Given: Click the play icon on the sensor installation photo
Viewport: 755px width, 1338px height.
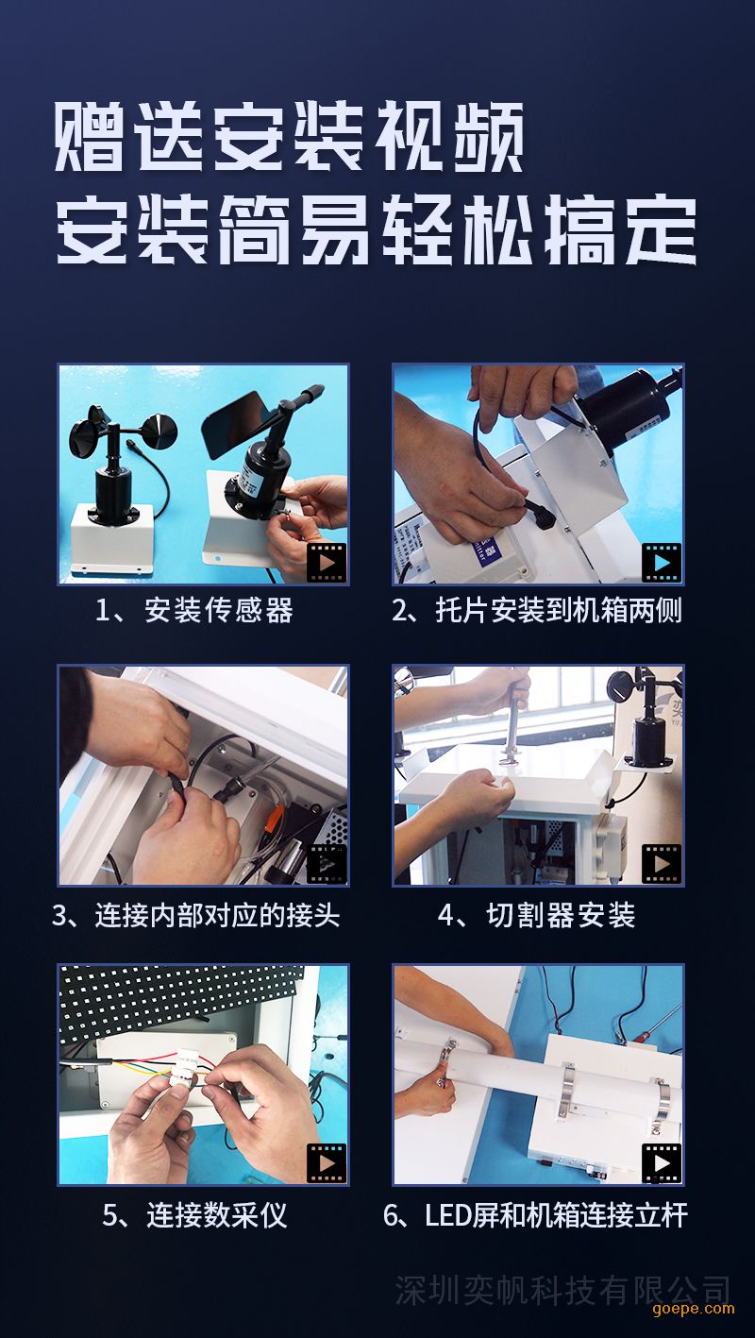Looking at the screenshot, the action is (x=327, y=562).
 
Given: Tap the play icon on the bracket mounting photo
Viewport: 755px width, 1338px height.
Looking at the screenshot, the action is (x=662, y=562).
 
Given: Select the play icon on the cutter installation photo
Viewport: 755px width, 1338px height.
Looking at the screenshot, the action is (x=662, y=863).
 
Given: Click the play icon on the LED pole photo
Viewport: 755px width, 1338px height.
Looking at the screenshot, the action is (x=662, y=1163).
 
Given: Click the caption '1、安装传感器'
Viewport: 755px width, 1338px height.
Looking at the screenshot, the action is (x=194, y=611).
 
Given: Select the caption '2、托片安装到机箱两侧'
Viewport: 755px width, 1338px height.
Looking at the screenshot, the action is (x=537, y=611).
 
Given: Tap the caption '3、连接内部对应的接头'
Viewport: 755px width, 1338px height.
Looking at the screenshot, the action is (x=195, y=915).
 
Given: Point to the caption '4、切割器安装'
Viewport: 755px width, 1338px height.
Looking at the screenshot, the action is (x=537, y=915).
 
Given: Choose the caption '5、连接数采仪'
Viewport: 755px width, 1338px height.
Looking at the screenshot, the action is (x=194, y=1215).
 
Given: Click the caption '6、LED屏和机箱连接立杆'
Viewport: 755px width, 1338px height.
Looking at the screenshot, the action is (x=535, y=1215).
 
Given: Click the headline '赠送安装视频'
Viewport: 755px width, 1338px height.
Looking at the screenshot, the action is (x=289, y=137).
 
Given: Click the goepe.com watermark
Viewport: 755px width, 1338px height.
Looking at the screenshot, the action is (x=694, y=1309).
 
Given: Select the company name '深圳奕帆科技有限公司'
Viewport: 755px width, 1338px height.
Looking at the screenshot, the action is (x=562, y=1291).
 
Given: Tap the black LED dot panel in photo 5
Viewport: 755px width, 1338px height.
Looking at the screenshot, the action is (x=179, y=1002).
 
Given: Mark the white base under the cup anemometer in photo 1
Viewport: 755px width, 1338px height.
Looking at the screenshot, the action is (x=112, y=539).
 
